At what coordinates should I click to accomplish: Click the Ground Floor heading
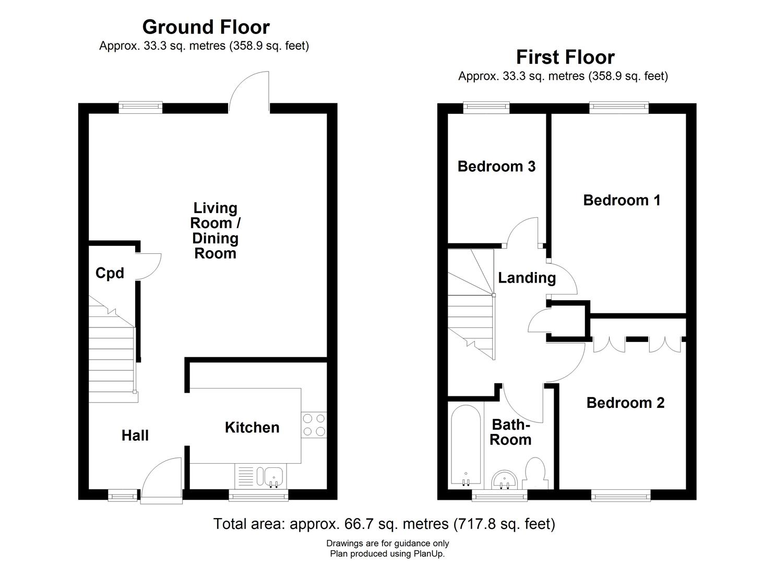pos(206,27)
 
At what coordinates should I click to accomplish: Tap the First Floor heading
pos(565,57)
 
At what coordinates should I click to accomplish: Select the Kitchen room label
pos(252,428)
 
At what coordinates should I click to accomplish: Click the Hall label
pos(135,436)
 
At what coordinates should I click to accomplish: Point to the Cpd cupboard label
pos(110,273)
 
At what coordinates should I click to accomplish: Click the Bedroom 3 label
pos(496,167)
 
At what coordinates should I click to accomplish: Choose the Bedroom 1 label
pos(622,200)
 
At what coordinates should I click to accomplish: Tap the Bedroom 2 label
pos(625,403)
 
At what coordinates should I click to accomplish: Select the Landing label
pos(527,278)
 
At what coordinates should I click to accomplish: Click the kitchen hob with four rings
pos(314,425)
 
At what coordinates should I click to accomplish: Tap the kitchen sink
pos(273,476)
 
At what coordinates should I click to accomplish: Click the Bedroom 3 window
pos(486,107)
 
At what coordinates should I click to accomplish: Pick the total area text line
pos(384,524)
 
